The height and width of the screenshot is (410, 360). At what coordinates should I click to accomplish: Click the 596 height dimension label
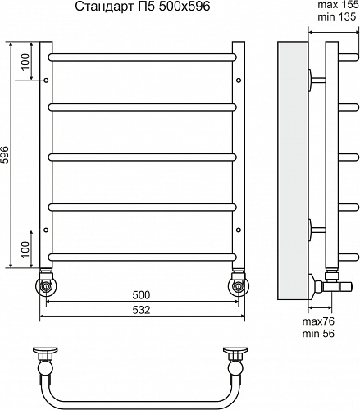[x=5, y=155]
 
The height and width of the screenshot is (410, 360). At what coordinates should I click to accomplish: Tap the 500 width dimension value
[x=141, y=295]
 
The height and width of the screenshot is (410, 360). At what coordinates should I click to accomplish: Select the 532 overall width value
[x=141, y=310]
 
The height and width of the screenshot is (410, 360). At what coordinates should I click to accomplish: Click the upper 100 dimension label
[x=25, y=61]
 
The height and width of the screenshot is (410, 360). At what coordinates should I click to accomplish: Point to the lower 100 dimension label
[x=25, y=249]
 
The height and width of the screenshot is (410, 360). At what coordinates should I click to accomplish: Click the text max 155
[x=338, y=5]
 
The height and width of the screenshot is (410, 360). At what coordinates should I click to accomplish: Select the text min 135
[x=337, y=16]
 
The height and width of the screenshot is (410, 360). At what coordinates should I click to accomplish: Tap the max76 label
[x=318, y=321]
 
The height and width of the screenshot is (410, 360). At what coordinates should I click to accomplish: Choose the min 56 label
[x=318, y=334]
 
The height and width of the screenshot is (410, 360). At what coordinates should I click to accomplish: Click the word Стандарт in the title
[x=103, y=7]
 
